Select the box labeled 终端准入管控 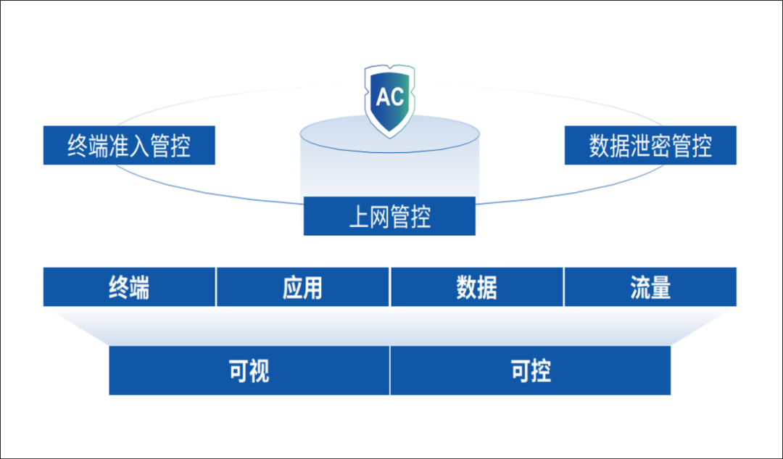(129, 145)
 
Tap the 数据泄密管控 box (650, 145)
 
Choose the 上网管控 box (389, 216)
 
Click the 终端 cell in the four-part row (129, 287)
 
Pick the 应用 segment (302, 287)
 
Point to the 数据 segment (476, 287)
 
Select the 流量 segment (650, 287)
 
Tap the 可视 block (249, 371)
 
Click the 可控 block (531, 371)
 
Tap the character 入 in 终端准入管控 (139, 146)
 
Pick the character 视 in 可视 (259, 371)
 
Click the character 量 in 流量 (660, 288)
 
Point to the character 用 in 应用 (312, 288)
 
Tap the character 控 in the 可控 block (541, 371)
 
